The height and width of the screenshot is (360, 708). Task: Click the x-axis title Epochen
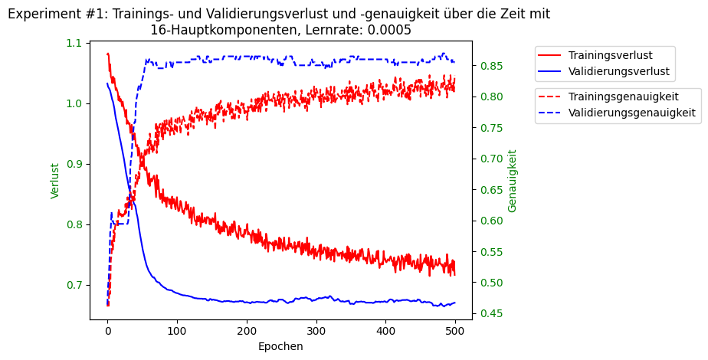click(280, 346)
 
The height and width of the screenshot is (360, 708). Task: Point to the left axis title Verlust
click(55, 181)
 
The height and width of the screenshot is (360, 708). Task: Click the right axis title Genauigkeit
click(513, 181)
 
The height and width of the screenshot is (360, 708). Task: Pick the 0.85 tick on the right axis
click(491, 66)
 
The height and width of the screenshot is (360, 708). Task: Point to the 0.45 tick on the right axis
click(491, 313)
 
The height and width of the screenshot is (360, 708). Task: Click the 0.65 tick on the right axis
click(491, 190)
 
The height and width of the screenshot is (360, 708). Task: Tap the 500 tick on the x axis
click(455, 331)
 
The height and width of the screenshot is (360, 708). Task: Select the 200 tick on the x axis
click(247, 331)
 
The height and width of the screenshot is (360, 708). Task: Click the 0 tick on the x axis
click(107, 331)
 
